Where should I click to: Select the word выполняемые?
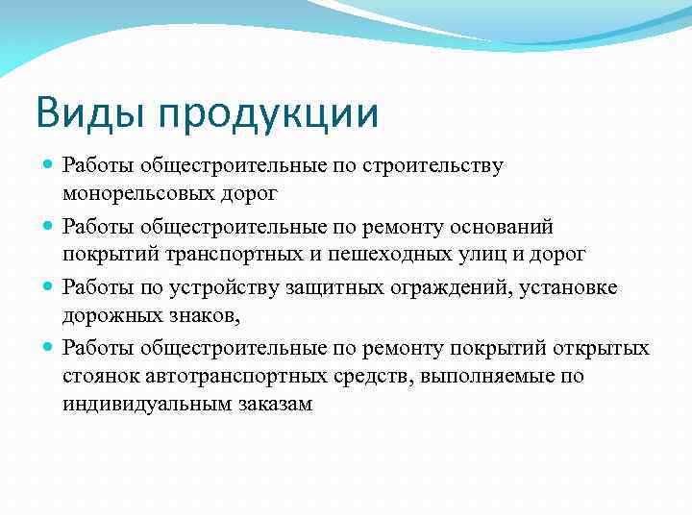(x=489, y=376)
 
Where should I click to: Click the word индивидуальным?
(x=147, y=406)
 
